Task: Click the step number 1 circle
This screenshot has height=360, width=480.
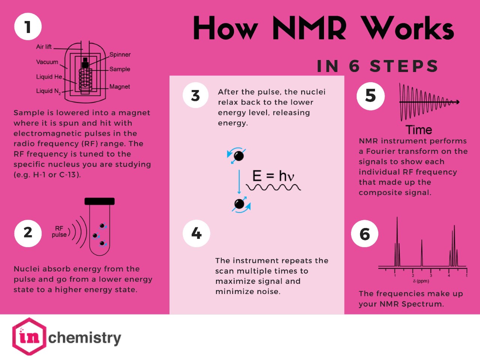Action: click(28, 27)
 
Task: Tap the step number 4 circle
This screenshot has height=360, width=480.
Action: click(196, 233)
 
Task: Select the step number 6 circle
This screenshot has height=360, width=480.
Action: click(364, 234)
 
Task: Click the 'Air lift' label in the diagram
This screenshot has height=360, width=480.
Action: click(44, 47)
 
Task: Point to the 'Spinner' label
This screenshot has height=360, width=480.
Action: click(120, 54)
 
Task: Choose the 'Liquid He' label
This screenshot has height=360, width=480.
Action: click(49, 77)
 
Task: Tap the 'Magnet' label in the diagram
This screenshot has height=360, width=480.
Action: click(120, 87)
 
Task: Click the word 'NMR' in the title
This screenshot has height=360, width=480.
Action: click(309, 28)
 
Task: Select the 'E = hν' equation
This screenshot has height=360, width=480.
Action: click(273, 176)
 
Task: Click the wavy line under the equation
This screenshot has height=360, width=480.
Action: click(273, 187)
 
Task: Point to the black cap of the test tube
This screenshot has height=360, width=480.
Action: click(99, 201)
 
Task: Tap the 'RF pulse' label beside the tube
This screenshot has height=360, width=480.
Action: click(59, 231)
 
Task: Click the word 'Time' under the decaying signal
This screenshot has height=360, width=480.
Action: click(419, 130)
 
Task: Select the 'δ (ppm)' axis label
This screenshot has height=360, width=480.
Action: click(421, 281)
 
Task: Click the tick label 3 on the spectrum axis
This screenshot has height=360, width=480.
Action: click(431, 276)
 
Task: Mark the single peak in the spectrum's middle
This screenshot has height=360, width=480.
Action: click(422, 253)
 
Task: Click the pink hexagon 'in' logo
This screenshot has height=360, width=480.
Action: click(29, 336)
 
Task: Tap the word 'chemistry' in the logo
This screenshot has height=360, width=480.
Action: click(85, 337)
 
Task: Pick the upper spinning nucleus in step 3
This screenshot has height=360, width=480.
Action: click(238, 155)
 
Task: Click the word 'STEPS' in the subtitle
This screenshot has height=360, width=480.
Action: click(404, 66)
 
